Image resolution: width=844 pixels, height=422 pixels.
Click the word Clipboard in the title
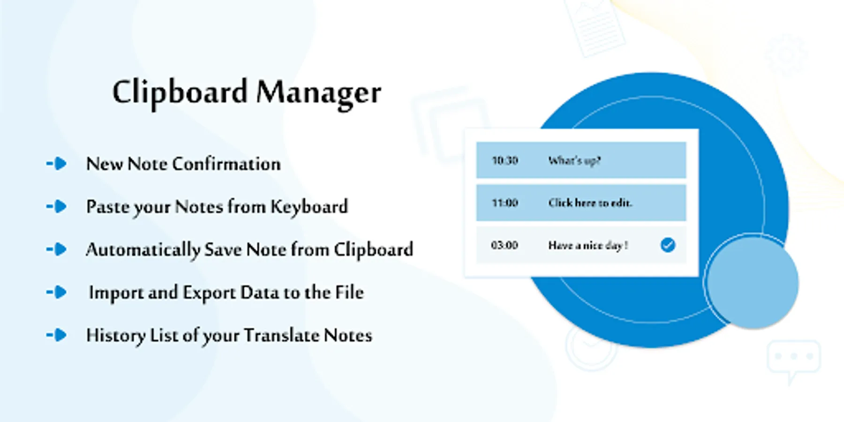point(180,92)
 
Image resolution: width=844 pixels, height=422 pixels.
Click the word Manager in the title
point(319,93)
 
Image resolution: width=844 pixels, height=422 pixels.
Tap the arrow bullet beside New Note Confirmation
point(57,164)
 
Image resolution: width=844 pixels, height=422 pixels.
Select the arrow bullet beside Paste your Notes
point(57,206)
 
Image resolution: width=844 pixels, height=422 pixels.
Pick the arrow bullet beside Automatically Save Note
point(57,249)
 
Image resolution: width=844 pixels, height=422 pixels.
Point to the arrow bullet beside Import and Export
point(57,292)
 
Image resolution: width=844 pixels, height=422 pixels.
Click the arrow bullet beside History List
point(57,335)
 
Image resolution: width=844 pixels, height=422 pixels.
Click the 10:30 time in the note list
point(505,160)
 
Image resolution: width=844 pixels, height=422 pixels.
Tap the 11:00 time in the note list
point(505,203)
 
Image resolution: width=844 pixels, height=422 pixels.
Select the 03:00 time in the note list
point(505,245)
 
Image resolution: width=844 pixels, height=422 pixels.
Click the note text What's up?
point(574,161)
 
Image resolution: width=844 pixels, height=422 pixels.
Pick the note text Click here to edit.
point(590,203)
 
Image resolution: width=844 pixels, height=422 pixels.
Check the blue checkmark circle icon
point(668,245)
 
